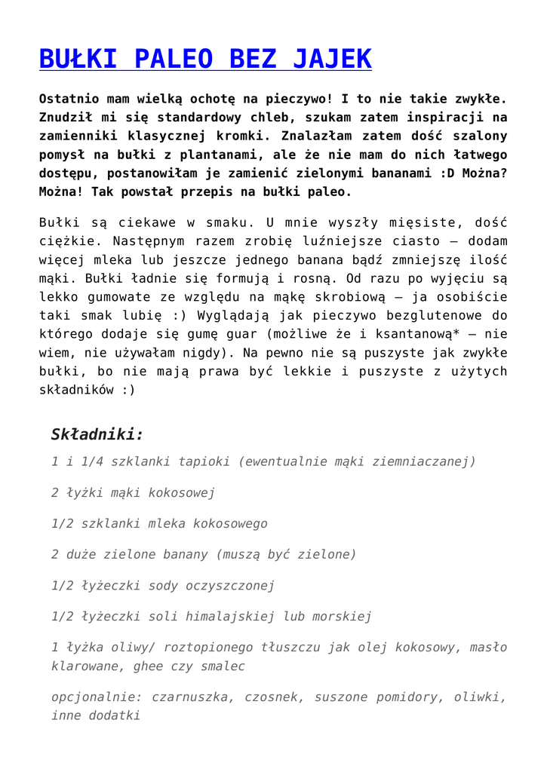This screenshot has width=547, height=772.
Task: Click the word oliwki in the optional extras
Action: coord(480,697)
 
